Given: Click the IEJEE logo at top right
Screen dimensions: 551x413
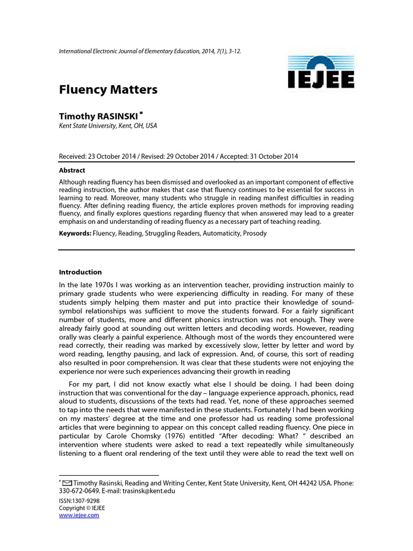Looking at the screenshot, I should (319, 75).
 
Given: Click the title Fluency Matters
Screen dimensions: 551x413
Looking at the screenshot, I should (108, 90).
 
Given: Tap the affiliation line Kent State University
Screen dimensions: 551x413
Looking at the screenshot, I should (108, 126).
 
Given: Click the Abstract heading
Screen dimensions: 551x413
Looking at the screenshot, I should (72, 170).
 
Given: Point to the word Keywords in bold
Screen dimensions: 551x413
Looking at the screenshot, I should (75, 234).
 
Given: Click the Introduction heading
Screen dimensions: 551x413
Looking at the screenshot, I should (80, 272).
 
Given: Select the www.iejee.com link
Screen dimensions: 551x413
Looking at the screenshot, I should (79, 515).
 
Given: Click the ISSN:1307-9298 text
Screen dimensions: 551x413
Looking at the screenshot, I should (79, 500).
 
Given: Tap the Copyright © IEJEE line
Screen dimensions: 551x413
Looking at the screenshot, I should (82, 508).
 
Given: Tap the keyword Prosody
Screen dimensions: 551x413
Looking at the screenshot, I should (254, 234).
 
